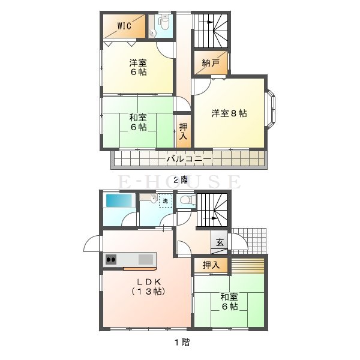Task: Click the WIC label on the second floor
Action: [124, 26]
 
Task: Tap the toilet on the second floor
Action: [164, 22]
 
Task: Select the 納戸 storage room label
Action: [211, 62]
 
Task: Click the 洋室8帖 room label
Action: [229, 113]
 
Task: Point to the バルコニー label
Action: [189, 159]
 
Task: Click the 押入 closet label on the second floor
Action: [183, 131]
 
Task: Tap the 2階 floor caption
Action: [181, 180]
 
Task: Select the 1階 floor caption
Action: [182, 343]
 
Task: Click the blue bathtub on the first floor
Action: [119, 200]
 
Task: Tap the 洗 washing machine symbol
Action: [166, 201]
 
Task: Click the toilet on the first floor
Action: [187, 200]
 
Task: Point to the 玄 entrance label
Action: [220, 242]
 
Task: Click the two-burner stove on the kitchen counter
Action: [111, 260]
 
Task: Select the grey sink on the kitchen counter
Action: [146, 259]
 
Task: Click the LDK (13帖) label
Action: [149, 287]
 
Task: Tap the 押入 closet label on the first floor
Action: [211, 265]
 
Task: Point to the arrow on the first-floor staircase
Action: [210, 218]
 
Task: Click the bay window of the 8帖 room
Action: [270, 107]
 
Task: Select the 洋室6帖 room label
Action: [138, 67]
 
